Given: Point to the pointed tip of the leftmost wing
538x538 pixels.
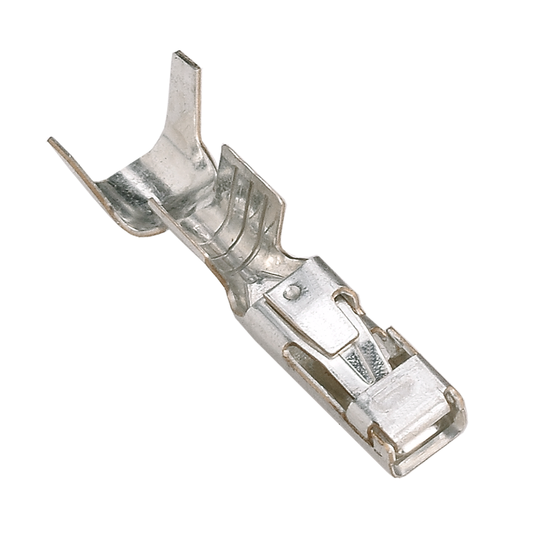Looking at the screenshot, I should click(51, 140).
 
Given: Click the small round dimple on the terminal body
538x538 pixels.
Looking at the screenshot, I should click(291, 292).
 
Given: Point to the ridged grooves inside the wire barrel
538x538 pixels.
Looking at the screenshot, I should click(237, 215).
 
